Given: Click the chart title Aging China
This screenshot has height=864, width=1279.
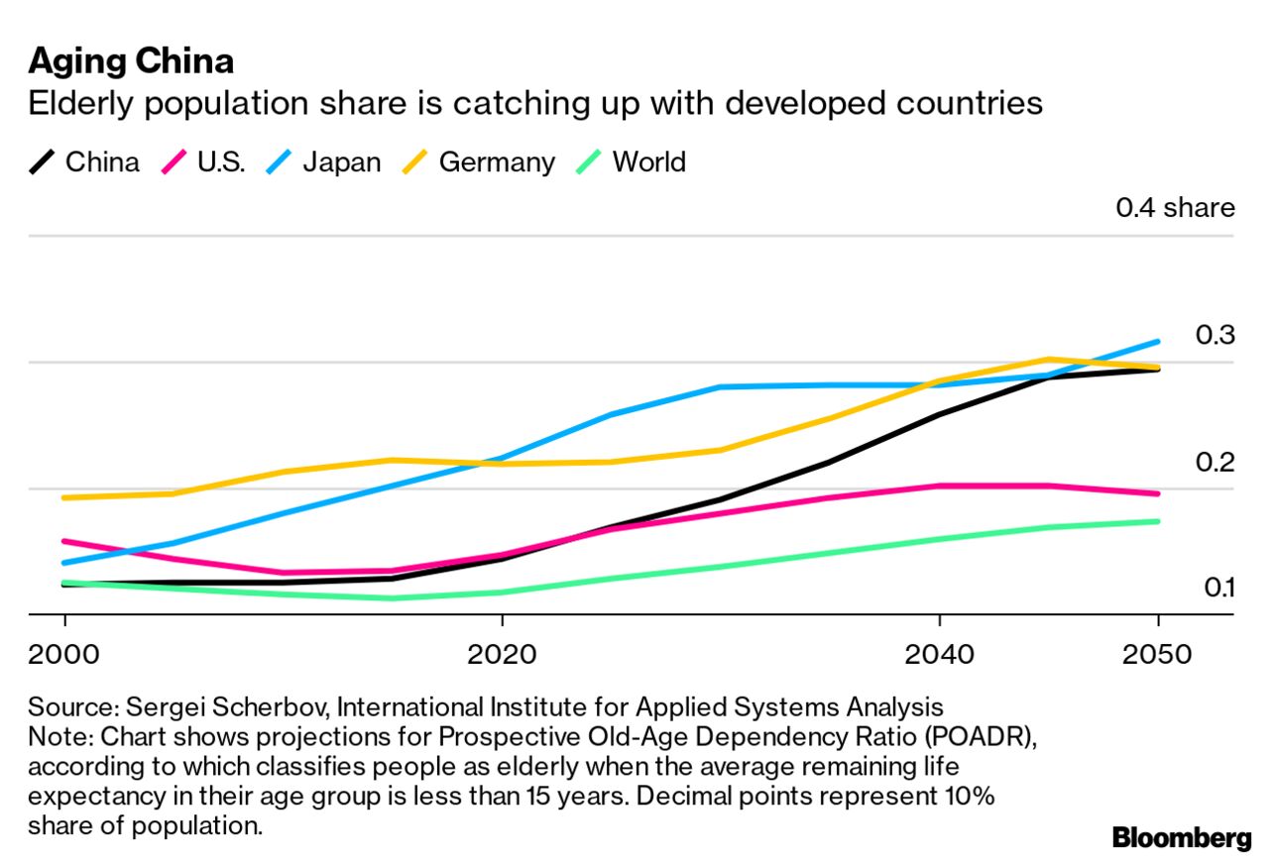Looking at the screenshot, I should [131, 61].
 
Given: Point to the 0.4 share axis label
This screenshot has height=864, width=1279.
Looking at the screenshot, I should [1175, 208].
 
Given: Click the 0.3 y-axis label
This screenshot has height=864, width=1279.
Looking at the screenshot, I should [1215, 335].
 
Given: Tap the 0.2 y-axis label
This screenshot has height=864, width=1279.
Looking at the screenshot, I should [1215, 462].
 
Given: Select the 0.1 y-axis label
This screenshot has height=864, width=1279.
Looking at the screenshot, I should [1219, 588].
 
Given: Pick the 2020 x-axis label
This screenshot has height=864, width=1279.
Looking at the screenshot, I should [502, 655].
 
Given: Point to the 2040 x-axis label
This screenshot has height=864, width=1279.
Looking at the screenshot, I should [938, 655].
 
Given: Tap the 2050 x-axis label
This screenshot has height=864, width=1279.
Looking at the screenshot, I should [1157, 655].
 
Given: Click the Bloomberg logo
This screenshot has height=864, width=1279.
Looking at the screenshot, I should [1181, 838].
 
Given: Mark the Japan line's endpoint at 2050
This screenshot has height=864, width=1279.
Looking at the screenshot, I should [1158, 342].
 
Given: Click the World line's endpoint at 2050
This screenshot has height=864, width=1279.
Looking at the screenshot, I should [1158, 521].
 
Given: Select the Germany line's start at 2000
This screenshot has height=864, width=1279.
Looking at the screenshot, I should [65, 497].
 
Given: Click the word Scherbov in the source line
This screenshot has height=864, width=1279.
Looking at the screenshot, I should [268, 708].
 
